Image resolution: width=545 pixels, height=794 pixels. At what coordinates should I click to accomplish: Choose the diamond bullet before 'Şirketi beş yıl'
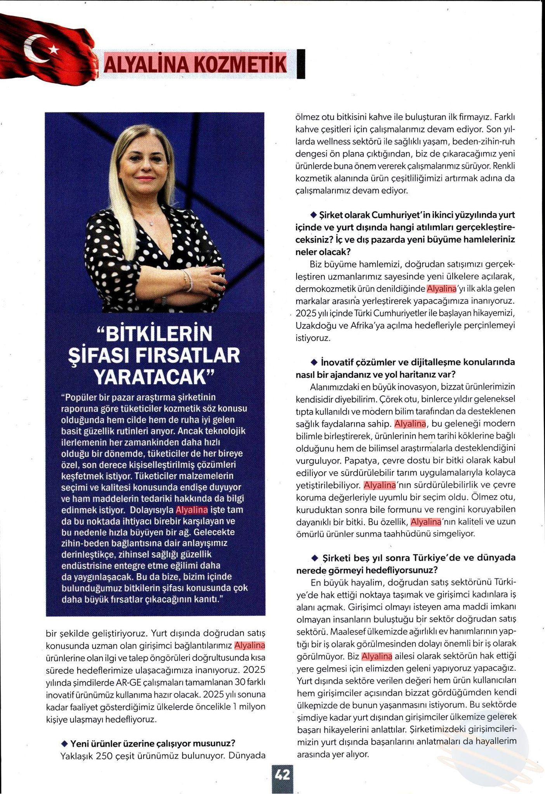[x=315, y=558]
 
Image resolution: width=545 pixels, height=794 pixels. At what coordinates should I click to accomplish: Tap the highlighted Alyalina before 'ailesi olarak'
[x=377, y=656]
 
